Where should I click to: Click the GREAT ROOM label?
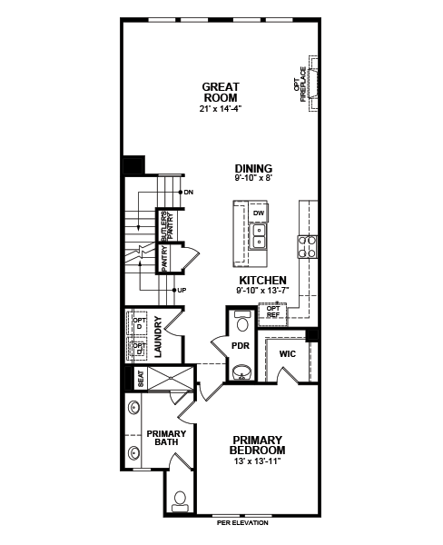(x=221, y=92)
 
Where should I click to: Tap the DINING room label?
(x=253, y=169)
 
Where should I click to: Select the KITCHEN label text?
(x=263, y=280)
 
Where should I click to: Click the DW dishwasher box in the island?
(x=258, y=213)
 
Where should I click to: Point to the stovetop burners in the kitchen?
(x=307, y=247)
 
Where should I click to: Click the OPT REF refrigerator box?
(x=273, y=314)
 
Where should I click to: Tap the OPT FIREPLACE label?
(x=300, y=84)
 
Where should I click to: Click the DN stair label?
(x=189, y=193)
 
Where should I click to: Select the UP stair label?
(x=182, y=291)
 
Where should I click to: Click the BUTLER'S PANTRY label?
(x=167, y=226)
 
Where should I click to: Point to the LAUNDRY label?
(x=158, y=337)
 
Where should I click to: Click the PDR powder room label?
(x=241, y=346)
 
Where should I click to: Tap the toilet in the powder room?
(x=241, y=322)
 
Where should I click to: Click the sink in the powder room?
(x=241, y=372)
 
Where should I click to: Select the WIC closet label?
(x=288, y=354)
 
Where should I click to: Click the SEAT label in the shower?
(x=141, y=379)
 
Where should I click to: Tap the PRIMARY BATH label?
(x=166, y=438)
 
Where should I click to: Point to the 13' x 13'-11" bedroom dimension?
(x=257, y=461)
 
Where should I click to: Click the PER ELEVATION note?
(x=242, y=523)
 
